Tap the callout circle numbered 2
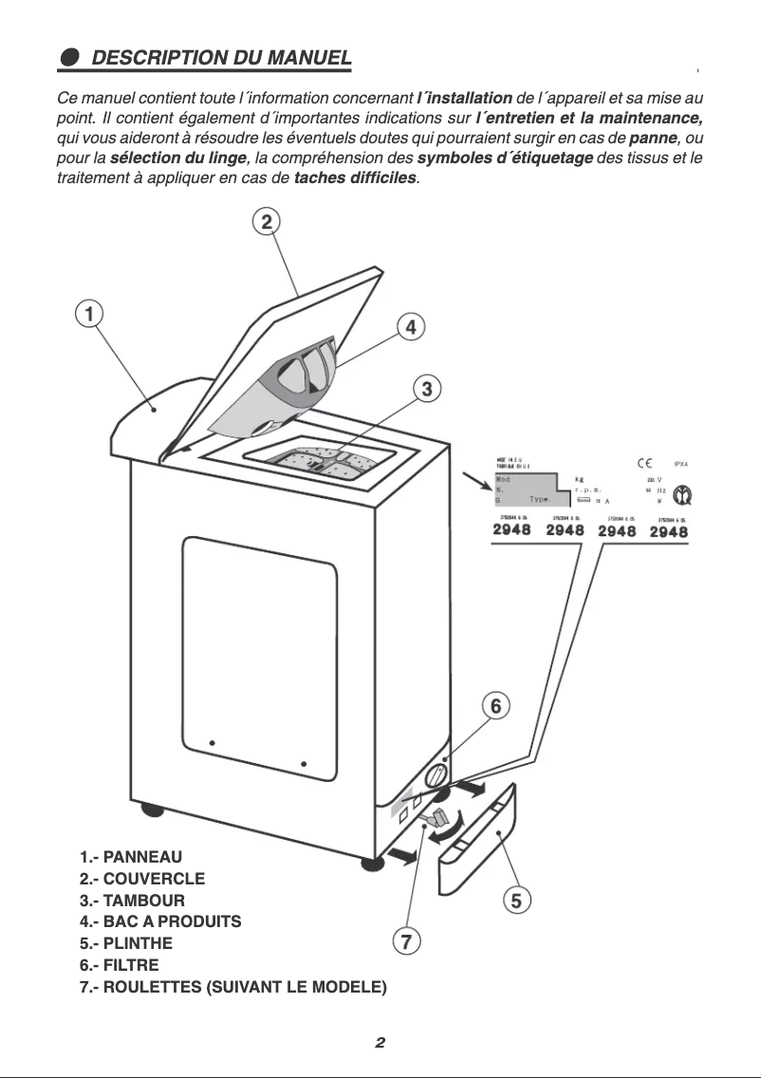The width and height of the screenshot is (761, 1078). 267,221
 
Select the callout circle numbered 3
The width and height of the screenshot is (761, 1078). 427,387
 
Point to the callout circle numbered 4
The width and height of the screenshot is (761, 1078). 410,326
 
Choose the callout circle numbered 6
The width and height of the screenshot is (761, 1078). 494,706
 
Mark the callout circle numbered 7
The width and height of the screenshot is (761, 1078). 405,941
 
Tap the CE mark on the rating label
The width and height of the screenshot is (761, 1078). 643,463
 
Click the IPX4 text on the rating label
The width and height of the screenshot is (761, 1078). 679,464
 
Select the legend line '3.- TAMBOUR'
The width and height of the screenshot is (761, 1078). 133,900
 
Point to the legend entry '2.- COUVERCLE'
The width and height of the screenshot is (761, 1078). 142,878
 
